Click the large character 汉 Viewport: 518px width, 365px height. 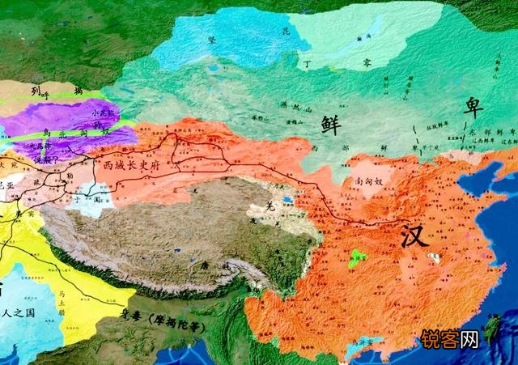pos(414,236)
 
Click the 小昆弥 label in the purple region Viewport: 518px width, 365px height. pos(105,114)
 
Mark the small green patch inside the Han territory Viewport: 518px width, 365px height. pos(355,259)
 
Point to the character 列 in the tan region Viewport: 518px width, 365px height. pos(35,92)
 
